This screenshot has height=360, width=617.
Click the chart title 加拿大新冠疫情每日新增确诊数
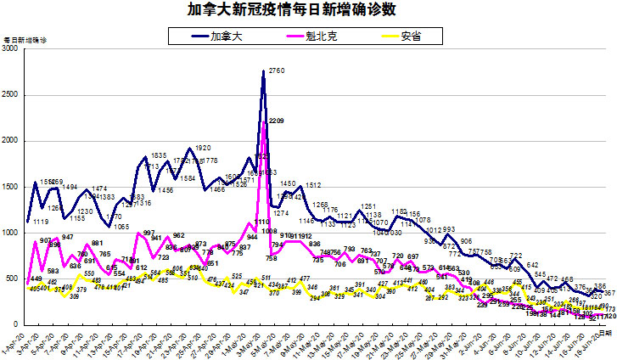pyautogui.click(x=304, y=10)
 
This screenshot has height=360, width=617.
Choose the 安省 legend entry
pyautogui.click(x=401, y=36)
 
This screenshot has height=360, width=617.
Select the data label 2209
pyautogui.click(x=276, y=121)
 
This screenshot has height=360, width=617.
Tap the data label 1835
pyautogui.click(x=158, y=156)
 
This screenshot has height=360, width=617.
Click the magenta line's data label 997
pyautogui.click(x=149, y=233)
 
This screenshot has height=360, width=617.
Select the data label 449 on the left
pyautogui.click(x=35, y=279)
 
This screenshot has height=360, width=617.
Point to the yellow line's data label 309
pyautogui.click(x=74, y=296)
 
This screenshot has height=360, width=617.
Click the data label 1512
pyautogui.click(x=312, y=185)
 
